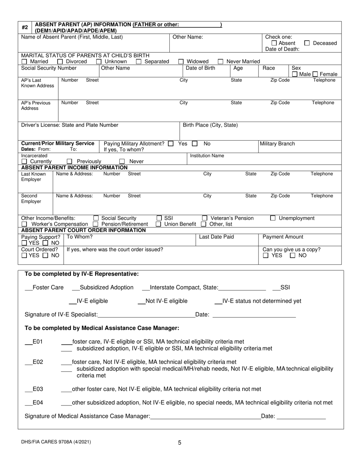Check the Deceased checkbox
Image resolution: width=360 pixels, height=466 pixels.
point(307,43)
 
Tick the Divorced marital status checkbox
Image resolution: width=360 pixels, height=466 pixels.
point(60,62)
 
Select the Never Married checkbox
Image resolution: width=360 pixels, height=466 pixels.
point(221,62)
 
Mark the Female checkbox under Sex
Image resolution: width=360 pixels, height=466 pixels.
point(315,75)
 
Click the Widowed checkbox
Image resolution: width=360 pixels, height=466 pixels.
point(181,62)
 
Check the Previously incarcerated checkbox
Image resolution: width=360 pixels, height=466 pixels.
point(75,162)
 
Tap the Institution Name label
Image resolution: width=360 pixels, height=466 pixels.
point(207,156)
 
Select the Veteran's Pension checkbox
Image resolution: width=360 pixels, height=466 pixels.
point(205,218)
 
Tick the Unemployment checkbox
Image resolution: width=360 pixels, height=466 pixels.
point(273,218)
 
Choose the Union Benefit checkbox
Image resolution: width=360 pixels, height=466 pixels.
point(158,224)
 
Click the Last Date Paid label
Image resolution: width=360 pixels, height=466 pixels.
point(216,237)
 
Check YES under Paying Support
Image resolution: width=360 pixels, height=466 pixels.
point(24,243)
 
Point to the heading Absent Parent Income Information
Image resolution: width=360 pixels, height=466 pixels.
point(74,167)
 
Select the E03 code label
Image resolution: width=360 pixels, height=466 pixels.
point(38,389)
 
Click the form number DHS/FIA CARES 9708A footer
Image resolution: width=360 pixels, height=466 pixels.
point(56,442)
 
